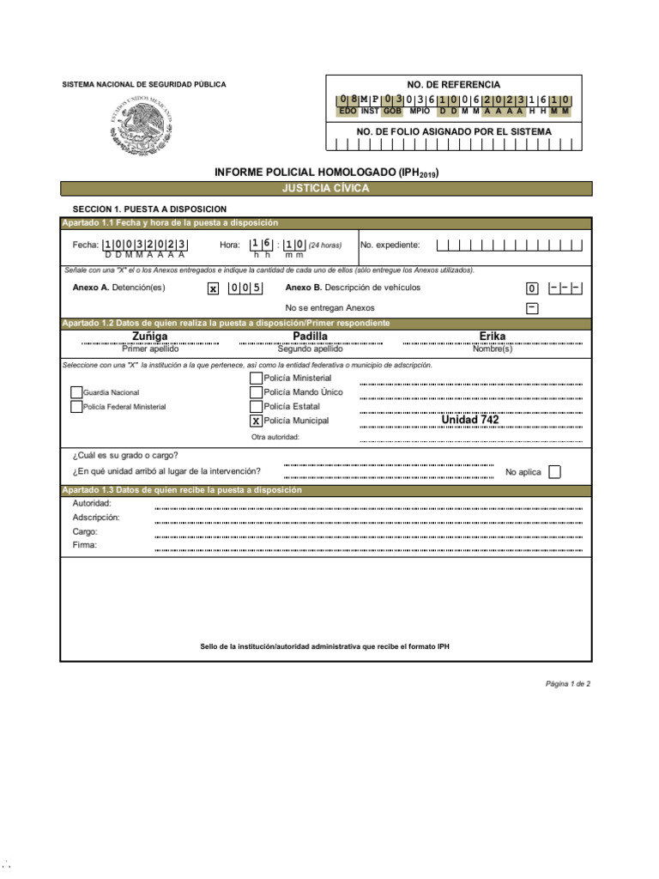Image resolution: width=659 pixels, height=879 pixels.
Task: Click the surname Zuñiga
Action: coord(150,336)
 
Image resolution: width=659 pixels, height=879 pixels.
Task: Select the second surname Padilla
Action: coord(311,336)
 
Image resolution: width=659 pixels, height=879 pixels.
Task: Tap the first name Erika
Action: coord(493,336)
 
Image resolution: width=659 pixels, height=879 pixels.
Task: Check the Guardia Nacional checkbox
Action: coord(76,392)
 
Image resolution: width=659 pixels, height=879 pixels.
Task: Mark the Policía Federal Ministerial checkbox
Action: coord(76,407)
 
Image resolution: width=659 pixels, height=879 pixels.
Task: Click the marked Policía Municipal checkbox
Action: coord(256,421)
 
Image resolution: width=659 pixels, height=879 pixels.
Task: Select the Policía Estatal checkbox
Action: coord(256,406)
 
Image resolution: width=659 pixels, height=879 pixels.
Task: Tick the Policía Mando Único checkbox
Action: coord(256,392)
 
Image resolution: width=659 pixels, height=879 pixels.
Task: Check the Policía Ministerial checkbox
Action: coord(256,378)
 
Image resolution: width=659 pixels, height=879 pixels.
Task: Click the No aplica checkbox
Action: coord(554,471)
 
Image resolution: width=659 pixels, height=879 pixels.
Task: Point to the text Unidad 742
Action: coord(469,420)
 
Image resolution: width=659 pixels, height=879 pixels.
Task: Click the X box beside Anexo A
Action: coord(213,288)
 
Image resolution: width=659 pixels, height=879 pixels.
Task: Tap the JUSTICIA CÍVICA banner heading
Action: coord(325,188)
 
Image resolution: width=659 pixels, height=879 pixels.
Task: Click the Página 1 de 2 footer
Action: coord(567,684)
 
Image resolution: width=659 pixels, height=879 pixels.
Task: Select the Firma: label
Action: coord(85,545)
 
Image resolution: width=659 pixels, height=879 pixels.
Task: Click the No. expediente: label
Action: coord(390,245)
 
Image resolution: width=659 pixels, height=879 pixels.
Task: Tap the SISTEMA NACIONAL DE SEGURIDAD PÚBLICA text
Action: coord(144,84)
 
